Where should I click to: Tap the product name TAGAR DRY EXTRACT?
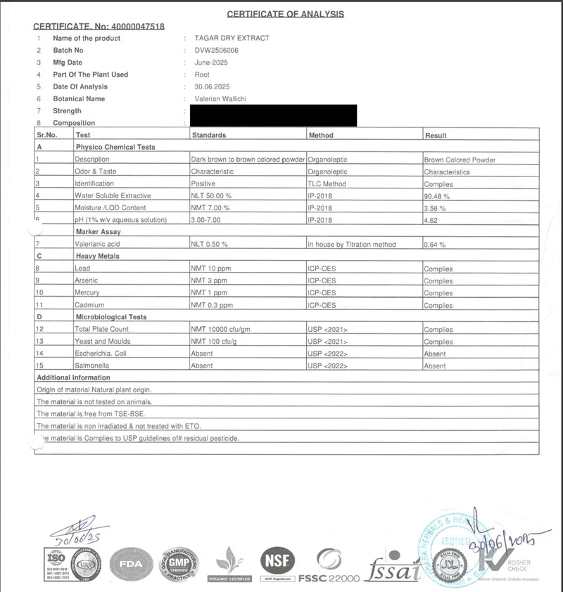[232, 38]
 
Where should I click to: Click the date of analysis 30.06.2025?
[212, 86]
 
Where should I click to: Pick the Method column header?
[321, 135]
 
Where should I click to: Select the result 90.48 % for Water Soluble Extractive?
[436, 196]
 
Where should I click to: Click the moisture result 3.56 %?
[435, 208]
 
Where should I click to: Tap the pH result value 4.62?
[431, 220]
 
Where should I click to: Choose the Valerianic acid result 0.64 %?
[435, 245]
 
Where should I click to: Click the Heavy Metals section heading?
[97, 257]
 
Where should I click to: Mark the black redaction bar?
[272, 115]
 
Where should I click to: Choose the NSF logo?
[277, 560]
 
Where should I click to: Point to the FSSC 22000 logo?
[329, 566]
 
